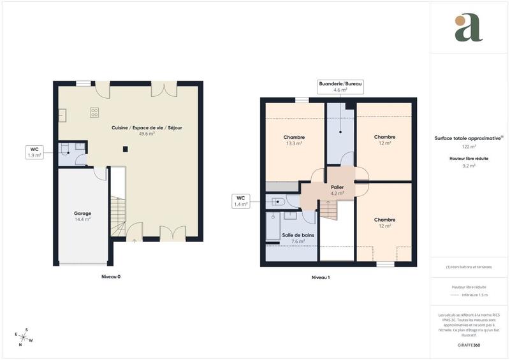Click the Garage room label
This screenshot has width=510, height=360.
tap(82, 213)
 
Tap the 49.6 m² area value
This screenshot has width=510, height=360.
tap(147, 134)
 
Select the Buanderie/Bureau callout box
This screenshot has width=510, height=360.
tap(340, 87)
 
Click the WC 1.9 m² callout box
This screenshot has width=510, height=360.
tap(33, 152)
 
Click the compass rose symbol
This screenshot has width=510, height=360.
tap(24, 336)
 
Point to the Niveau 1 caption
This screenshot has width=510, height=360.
tap(320, 277)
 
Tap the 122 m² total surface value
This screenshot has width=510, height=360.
tap(469, 147)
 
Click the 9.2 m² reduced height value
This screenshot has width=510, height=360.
tap(469, 165)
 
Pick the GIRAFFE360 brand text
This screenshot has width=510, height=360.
tap(469, 344)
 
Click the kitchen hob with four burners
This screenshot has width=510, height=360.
tap(95, 113)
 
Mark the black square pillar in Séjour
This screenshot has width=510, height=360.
tap(126, 150)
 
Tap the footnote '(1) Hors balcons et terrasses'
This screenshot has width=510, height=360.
tap(469, 267)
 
